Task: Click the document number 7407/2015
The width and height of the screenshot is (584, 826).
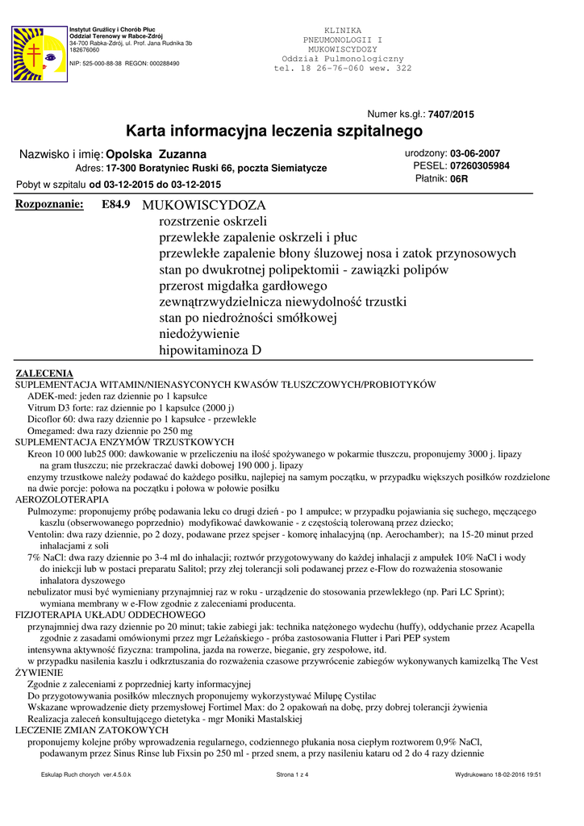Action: coord(451,115)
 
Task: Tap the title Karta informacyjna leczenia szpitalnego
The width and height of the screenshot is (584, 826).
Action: coord(274,131)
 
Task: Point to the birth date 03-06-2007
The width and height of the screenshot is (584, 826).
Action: coord(475,153)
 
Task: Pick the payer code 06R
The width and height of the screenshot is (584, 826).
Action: coord(459,179)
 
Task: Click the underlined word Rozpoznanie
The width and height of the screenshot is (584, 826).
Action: coord(50,205)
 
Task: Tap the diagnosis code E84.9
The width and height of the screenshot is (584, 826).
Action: coord(116,205)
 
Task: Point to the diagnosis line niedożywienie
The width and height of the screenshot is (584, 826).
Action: coord(200,334)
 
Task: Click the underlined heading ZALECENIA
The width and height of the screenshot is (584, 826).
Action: coord(45,373)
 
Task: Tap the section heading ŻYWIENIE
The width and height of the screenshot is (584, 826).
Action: coord(40,671)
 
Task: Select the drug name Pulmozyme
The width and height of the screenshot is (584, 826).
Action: coord(52,511)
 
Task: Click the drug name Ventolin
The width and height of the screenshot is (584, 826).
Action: coord(46,534)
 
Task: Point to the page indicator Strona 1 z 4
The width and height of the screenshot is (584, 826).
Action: coord(292,774)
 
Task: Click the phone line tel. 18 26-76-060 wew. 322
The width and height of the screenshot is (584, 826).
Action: coord(343,69)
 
